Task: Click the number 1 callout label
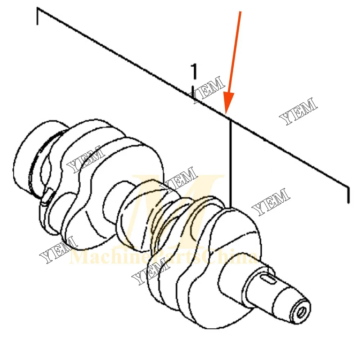(x=194, y=71)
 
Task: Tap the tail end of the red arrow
(x=240, y=12)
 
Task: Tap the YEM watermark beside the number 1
(x=209, y=90)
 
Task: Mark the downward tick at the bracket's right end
(x=348, y=195)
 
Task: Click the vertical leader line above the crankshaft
(x=230, y=162)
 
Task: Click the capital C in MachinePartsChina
(x=213, y=258)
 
